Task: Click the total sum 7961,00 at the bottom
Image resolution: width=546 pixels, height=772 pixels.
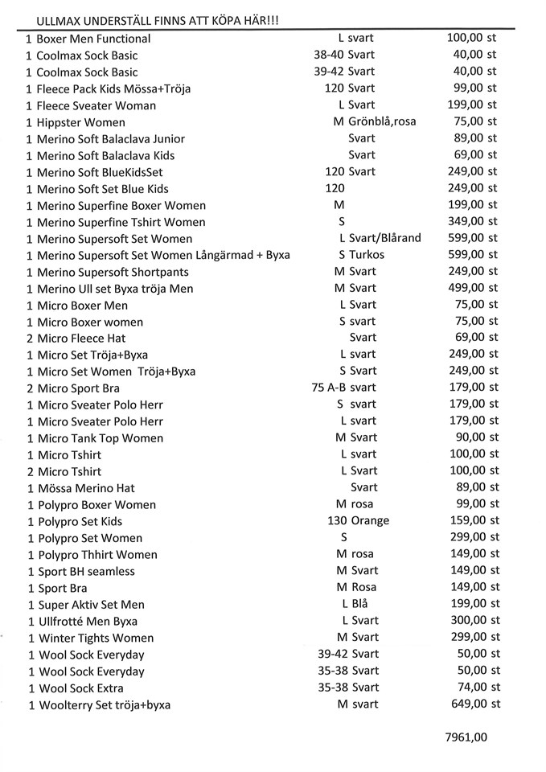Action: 466,737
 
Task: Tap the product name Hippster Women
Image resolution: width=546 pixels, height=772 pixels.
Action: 81,122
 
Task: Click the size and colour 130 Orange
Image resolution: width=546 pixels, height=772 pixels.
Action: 358,521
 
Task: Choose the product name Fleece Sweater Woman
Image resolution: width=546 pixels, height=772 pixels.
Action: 96,105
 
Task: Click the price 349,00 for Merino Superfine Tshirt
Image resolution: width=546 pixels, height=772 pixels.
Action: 466,221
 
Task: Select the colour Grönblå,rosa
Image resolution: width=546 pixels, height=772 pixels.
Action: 383,121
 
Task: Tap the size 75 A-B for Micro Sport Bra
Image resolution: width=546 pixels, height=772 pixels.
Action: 328,388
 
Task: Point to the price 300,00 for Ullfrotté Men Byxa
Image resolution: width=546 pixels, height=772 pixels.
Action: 467,621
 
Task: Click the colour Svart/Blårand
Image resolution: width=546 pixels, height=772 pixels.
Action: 384,238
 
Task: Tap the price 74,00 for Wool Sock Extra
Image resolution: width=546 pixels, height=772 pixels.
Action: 472,688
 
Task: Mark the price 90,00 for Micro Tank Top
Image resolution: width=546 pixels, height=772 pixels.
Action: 472,437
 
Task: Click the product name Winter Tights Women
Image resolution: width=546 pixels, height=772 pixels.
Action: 96,639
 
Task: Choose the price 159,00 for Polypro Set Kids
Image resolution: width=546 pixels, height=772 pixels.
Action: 467,520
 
